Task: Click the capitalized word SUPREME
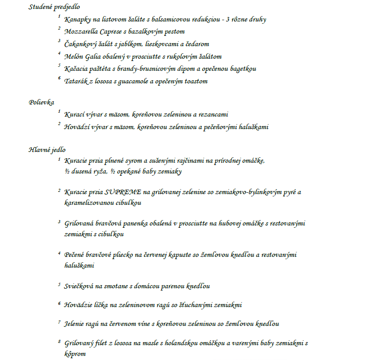pos(123,192)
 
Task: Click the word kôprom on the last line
pos(75,354)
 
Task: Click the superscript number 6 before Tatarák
pos(59,78)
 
